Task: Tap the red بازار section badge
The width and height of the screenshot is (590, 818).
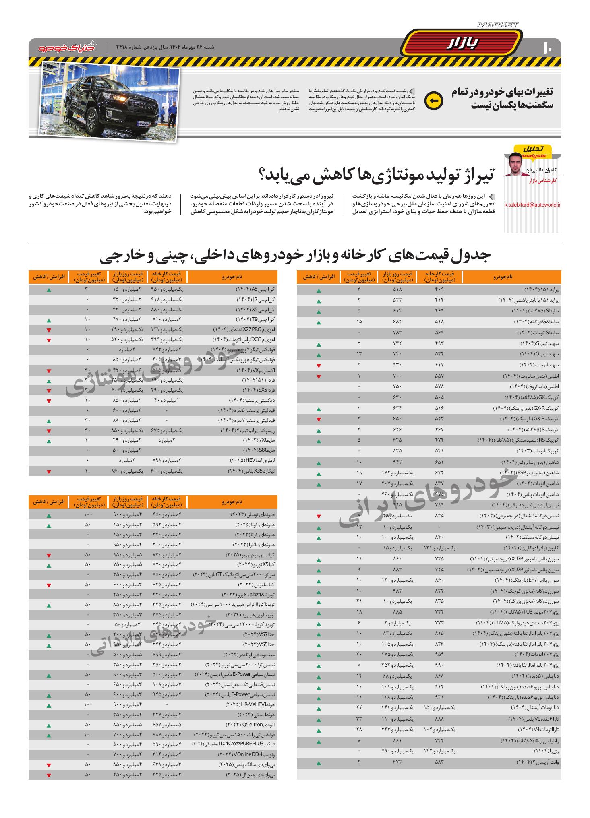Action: (x=462, y=43)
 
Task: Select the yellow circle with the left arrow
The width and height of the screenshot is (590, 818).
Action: (x=434, y=101)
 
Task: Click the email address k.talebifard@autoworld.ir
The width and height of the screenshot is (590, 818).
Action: (x=532, y=204)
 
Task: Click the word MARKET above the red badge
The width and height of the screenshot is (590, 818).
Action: (x=497, y=25)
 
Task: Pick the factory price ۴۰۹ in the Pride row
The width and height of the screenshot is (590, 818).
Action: (x=439, y=289)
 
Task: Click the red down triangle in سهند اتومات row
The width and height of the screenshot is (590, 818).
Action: (x=319, y=366)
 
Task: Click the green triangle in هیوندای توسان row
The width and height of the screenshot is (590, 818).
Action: (x=49, y=516)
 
